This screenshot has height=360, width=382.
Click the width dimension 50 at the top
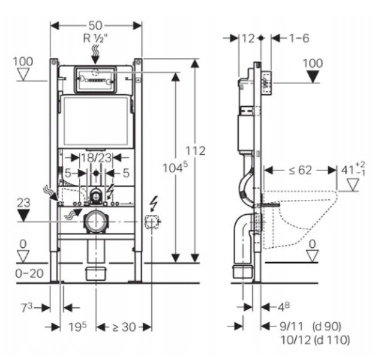point(95,26)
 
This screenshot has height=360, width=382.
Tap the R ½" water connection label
point(95,38)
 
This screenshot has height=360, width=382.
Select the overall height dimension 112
point(195,151)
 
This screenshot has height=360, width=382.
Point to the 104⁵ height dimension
point(175,167)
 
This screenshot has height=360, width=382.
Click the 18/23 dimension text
point(96,158)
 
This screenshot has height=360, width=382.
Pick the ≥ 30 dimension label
point(124,327)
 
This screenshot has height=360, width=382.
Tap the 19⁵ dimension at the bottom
point(77,327)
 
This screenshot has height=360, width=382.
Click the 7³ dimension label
point(26,308)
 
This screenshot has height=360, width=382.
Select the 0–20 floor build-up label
point(29,274)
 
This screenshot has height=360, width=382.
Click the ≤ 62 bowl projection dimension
point(300,170)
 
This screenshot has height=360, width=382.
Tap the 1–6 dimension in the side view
point(299,38)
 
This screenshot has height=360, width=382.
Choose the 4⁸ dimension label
point(284,307)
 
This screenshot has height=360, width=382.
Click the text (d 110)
point(332,340)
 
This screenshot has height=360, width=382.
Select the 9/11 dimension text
point(291,326)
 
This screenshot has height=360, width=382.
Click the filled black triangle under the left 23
point(23,215)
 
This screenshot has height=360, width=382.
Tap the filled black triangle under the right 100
point(313,77)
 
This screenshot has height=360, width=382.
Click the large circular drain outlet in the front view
point(96,222)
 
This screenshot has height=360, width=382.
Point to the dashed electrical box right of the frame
point(152,221)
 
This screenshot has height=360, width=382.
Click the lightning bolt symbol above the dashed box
point(154,203)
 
